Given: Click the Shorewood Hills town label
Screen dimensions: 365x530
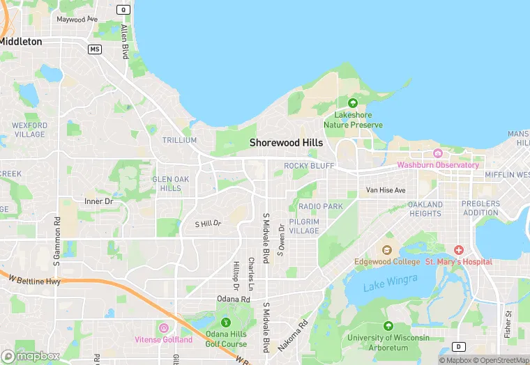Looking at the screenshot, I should pyautogui.click(x=287, y=142).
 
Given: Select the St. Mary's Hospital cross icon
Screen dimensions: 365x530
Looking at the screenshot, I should pyautogui.click(x=458, y=250).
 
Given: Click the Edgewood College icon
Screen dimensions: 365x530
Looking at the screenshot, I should pyautogui.click(x=387, y=250).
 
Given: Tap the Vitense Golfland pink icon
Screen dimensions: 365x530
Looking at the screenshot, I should pyautogui.click(x=163, y=328).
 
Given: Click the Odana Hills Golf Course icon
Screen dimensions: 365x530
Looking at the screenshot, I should pyautogui.click(x=225, y=323).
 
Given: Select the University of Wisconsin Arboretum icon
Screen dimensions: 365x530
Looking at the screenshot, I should pyautogui.click(x=388, y=326).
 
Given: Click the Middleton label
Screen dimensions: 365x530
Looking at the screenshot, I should pyautogui.click(x=21, y=41).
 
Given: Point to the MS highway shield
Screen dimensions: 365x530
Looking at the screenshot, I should pyautogui.click(x=95, y=49).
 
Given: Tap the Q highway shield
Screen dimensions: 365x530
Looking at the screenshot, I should pyautogui.click(x=123, y=10).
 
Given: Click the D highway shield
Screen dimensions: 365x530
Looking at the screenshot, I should pyautogui.click(x=458, y=346).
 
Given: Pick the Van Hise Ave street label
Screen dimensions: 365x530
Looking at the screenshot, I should pyautogui.click(x=386, y=190).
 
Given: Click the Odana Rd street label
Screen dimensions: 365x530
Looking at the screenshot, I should pyautogui.click(x=233, y=299).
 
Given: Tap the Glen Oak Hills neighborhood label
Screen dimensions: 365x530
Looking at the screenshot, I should pyautogui.click(x=171, y=183).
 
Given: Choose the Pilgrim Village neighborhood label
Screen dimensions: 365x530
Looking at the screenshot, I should pyautogui.click(x=304, y=226).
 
